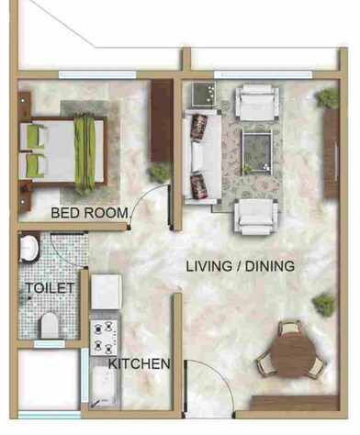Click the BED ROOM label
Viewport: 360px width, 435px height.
pyautogui.click(x=90, y=213)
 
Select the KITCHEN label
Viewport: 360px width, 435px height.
pyautogui.click(x=140, y=364)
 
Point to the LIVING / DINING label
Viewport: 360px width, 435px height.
pyautogui.click(x=240, y=267)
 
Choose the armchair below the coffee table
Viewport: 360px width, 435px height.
pyautogui.click(x=255, y=215)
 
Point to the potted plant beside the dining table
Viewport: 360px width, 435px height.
pyautogui.click(x=322, y=302)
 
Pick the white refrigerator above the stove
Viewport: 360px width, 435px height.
pyautogui.click(x=107, y=292)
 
